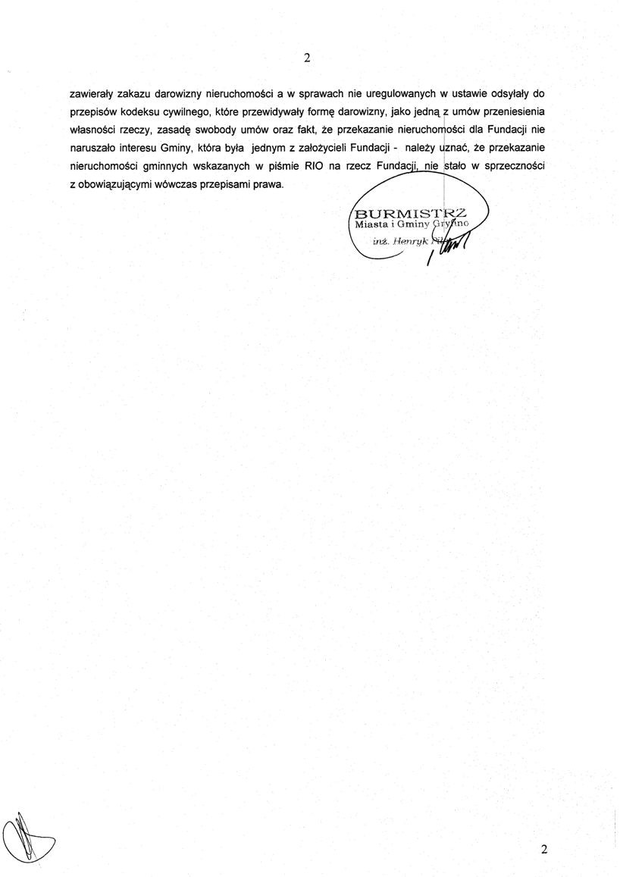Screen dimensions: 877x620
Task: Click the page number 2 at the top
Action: [x=307, y=58]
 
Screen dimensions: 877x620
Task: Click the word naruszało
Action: [x=92, y=148]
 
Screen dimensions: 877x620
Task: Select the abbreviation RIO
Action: [x=314, y=166]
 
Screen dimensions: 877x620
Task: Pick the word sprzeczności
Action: [x=512, y=166]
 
